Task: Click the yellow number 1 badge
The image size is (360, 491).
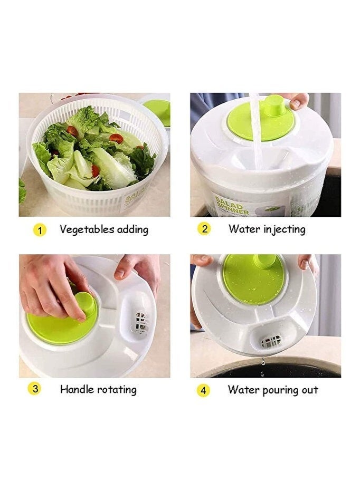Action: pos(40,230)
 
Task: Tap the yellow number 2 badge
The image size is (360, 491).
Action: pos(204,229)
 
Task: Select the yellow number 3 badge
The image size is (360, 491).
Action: pos(34,389)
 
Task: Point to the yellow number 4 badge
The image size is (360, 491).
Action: pos(204,390)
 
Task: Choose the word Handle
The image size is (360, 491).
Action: pos(77,389)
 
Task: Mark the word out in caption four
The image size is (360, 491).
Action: pos(310,390)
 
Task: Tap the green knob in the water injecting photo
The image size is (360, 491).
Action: pos(274,105)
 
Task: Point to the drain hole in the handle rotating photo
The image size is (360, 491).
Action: pos(140,322)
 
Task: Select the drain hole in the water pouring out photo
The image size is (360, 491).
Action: pos(271,341)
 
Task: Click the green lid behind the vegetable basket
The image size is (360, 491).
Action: pos(157,111)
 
